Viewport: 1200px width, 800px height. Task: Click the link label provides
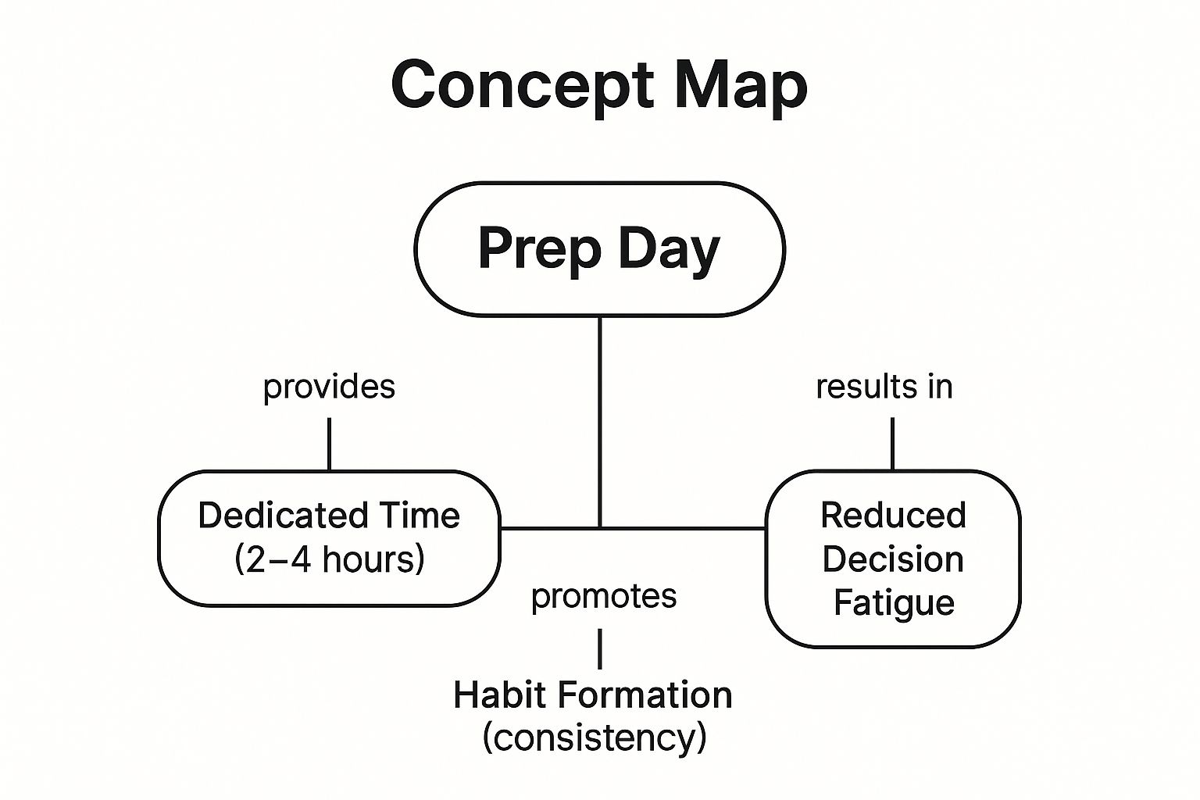329,387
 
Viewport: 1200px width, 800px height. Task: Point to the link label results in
884,387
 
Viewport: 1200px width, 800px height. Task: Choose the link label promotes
604,596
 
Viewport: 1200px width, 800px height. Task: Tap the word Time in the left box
420,516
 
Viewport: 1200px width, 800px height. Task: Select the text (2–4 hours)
330,559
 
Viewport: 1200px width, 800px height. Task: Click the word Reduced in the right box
893,516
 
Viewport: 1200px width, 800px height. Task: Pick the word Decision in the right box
893,559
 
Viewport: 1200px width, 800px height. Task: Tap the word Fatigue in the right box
894,603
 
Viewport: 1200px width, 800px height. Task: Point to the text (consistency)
595,737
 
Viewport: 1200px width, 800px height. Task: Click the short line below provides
329,444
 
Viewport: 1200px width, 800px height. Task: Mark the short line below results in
892,444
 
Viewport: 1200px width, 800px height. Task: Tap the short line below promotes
600,648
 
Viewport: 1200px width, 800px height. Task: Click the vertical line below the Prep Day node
600,422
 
